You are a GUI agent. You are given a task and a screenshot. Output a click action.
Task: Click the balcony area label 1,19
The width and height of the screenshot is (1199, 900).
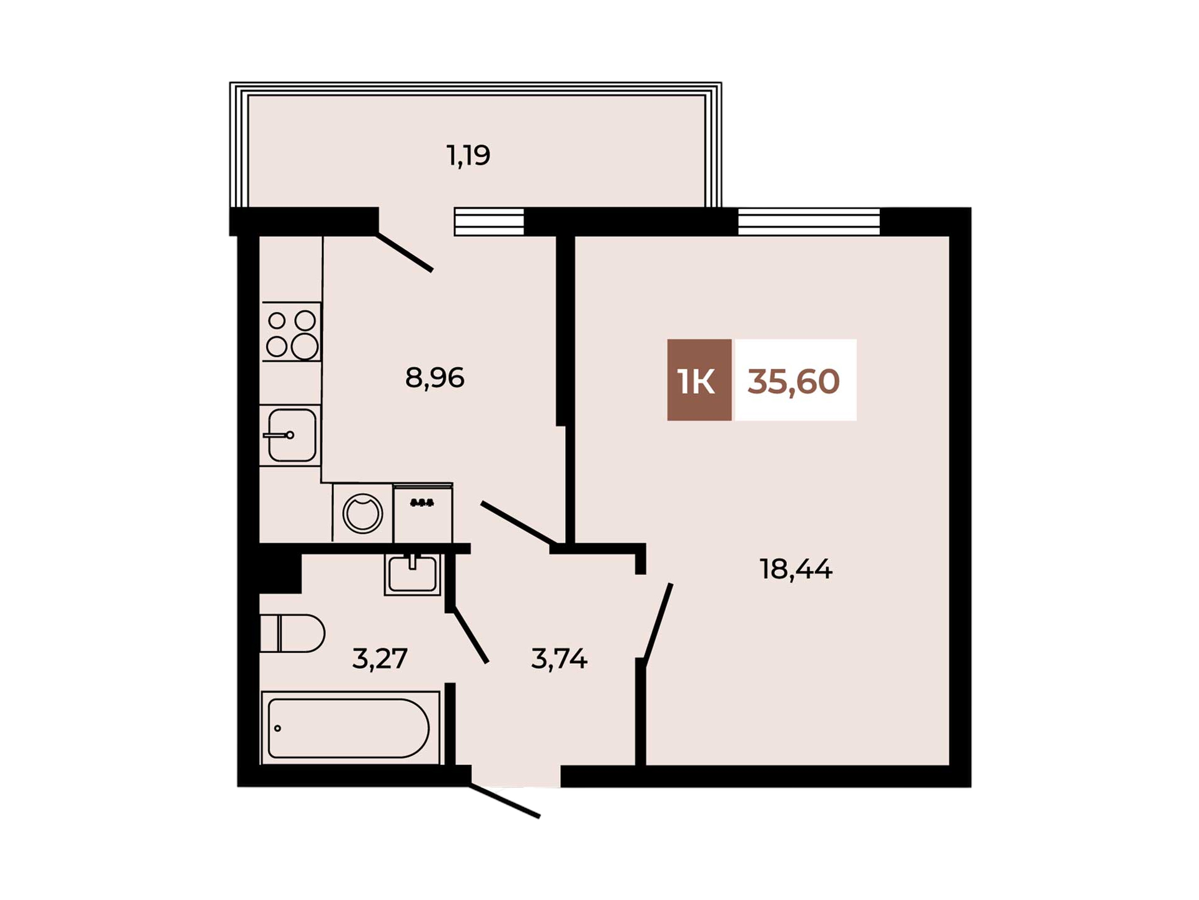point(468,156)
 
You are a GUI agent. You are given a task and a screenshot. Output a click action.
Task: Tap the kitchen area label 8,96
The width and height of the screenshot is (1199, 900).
point(435,378)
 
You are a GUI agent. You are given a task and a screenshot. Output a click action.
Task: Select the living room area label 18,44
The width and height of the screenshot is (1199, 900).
point(796,569)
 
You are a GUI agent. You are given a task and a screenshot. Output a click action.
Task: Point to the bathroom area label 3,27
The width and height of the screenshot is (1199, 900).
point(380,659)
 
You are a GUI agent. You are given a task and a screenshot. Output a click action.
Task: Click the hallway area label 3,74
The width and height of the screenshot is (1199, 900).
point(559,659)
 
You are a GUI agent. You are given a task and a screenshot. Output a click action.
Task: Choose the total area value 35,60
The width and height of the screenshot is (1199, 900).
point(793,381)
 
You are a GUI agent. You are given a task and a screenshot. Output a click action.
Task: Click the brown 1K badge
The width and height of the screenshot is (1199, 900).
point(699,380)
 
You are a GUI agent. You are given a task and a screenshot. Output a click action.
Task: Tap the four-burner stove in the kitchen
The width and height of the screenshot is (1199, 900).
point(292,332)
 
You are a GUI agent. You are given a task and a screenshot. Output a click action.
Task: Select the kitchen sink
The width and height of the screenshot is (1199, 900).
point(290,435)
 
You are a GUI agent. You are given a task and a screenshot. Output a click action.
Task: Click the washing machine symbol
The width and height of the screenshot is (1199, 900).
point(362,513)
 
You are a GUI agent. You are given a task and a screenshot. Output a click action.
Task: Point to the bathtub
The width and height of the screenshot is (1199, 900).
point(350,727)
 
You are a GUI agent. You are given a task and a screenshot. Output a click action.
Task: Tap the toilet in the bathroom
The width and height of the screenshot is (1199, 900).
point(292,634)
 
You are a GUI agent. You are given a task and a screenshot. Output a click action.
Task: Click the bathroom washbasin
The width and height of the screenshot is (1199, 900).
point(412,574)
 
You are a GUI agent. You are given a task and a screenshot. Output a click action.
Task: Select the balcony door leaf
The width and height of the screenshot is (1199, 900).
point(404,252)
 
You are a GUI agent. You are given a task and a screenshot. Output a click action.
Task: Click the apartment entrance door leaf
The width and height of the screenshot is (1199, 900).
point(505,801)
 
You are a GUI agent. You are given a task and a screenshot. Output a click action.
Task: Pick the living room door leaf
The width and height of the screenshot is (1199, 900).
point(657,624)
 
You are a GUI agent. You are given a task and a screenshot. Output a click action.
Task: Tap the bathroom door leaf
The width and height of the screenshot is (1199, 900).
point(470,634)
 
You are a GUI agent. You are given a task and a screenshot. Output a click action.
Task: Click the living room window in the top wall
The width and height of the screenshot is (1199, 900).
point(809,221)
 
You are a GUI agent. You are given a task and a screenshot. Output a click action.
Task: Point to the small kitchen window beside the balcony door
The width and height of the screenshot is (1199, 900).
point(489,221)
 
